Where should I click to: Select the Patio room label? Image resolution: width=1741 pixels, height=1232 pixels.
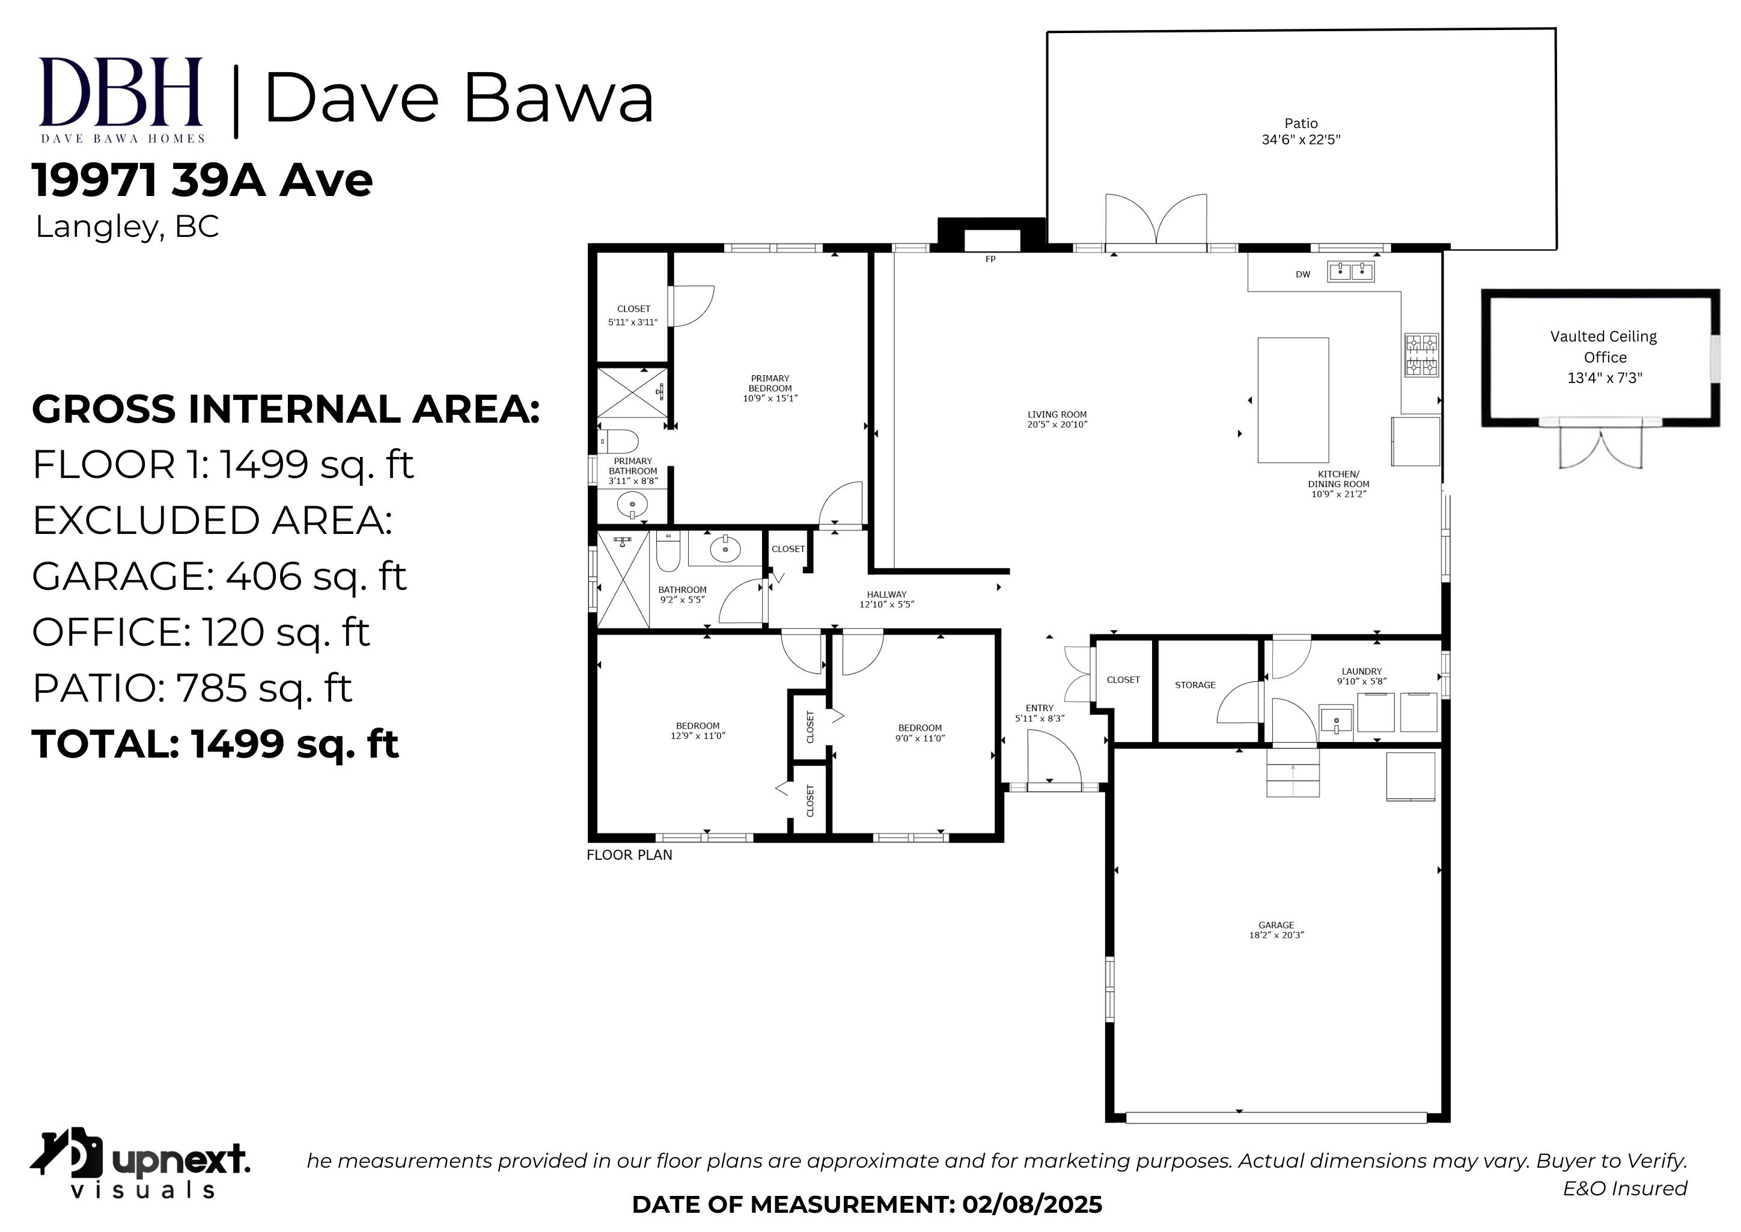(x=1301, y=123)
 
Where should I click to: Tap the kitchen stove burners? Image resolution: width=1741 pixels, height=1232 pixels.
(x=1422, y=355)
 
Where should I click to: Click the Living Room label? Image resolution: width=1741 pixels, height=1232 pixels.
(x=1057, y=414)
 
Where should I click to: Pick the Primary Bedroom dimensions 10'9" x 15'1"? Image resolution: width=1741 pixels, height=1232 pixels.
(x=770, y=398)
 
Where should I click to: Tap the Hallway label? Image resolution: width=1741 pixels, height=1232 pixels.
(x=886, y=595)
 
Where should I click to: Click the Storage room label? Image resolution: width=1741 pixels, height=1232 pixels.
(x=1195, y=685)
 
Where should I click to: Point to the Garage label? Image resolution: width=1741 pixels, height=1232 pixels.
(x=1276, y=925)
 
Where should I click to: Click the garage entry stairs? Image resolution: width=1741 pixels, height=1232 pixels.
(x=1293, y=771)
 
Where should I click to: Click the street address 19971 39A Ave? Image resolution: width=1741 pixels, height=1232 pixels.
(x=203, y=180)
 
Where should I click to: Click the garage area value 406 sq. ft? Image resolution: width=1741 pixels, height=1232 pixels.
(x=316, y=576)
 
